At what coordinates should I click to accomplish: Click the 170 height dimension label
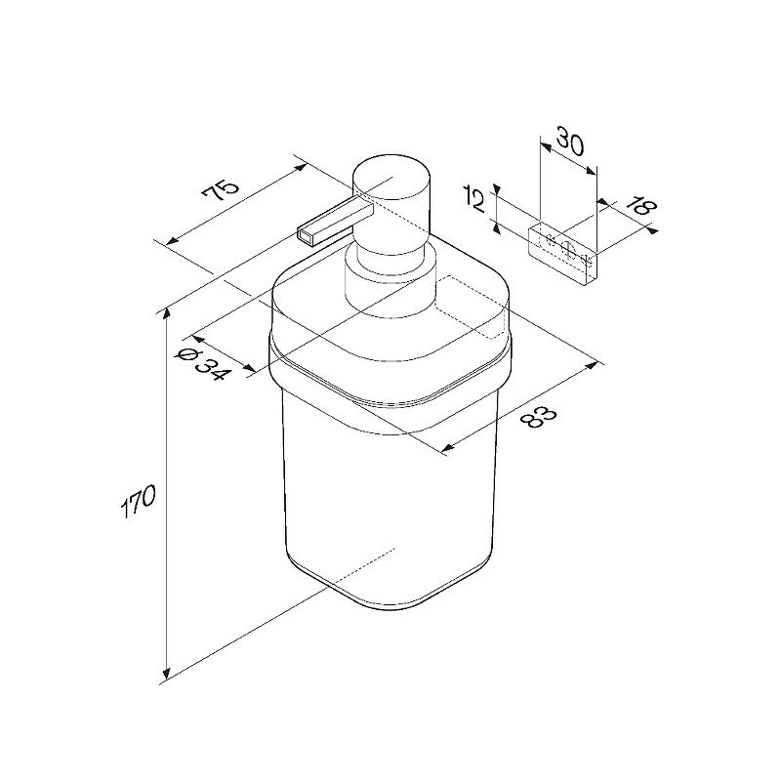click(x=138, y=502)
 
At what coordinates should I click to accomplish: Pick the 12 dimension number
click(x=475, y=198)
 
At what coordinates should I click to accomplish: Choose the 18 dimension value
click(x=640, y=206)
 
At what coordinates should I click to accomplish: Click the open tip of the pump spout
click(x=306, y=236)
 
